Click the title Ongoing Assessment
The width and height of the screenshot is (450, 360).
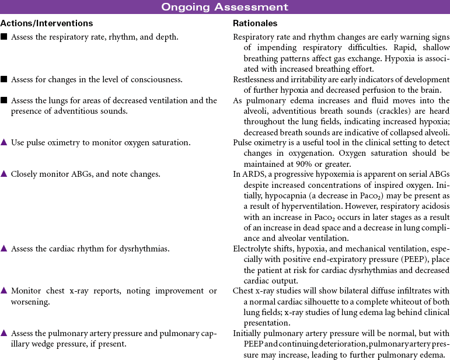225,7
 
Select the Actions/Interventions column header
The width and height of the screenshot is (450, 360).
47,24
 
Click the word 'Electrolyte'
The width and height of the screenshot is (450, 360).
253,249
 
